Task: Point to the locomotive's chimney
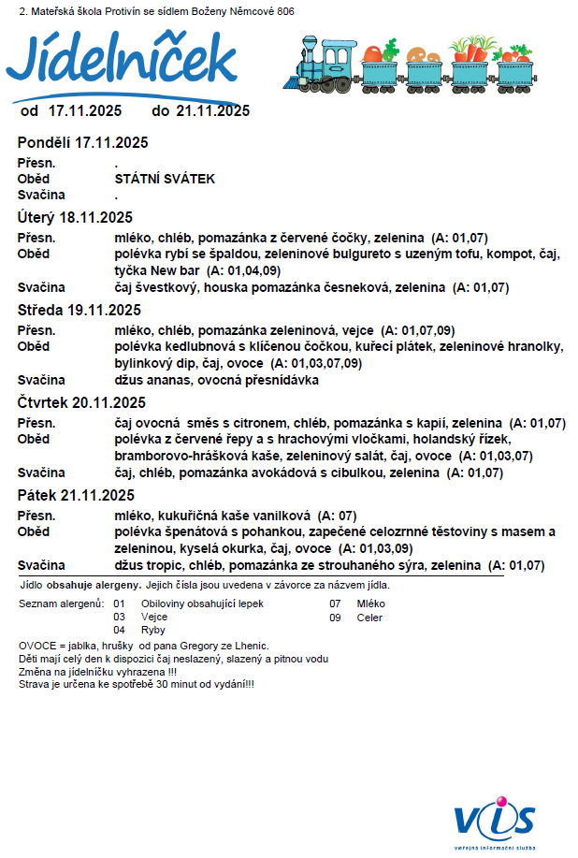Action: coord(310,43)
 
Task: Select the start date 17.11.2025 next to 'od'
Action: coord(85,110)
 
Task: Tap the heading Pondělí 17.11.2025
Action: coord(83,143)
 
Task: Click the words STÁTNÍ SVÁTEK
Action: coord(165,178)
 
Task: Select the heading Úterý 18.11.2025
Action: coord(77,217)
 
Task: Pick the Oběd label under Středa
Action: coord(34,346)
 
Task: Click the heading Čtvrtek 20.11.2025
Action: coord(82,402)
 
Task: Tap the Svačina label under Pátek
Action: coord(41,566)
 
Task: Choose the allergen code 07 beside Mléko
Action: coord(335,604)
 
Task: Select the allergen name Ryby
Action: coord(152,630)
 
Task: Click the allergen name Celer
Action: coord(369,617)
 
